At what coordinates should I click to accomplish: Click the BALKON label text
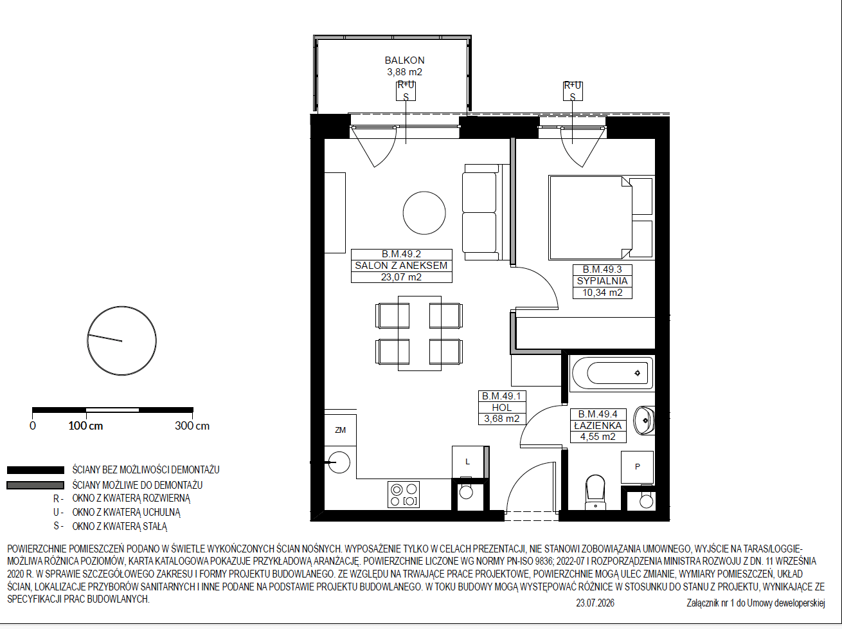click(404, 60)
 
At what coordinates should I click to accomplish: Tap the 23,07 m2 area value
click(401, 277)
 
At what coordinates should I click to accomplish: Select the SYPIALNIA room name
click(602, 281)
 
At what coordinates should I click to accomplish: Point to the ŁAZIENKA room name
click(598, 426)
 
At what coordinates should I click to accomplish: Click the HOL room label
click(502, 407)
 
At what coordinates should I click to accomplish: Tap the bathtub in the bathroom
click(613, 372)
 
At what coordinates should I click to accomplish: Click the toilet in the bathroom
click(595, 493)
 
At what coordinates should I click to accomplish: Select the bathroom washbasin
click(644, 421)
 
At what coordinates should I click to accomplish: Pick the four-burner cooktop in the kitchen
click(404, 495)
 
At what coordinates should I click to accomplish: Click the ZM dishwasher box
click(340, 430)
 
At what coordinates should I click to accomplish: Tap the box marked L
click(468, 462)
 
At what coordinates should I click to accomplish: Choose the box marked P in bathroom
click(637, 467)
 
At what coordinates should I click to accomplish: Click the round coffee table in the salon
click(424, 213)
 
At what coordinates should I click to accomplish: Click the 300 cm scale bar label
click(192, 426)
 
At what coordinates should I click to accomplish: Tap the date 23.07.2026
click(595, 603)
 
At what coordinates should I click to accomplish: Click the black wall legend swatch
click(35, 470)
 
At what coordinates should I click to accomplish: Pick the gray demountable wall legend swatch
click(35, 485)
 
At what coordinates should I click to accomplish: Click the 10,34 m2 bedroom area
click(602, 293)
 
